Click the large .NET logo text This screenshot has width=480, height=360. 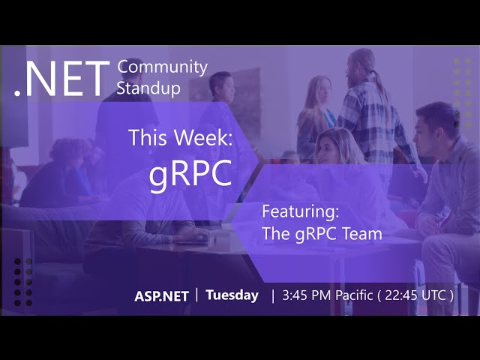pyautogui.click(x=62, y=78)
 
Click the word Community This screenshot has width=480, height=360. pyautogui.click(x=162, y=67)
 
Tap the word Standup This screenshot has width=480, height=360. pyautogui.click(x=148, y=88)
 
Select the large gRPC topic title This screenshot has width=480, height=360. pyautogui.click(x=190, y=174)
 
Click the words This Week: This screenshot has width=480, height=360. pyautogui.click(x=181, y=137)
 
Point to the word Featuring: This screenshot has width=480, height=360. pyautogui.click(x=300, y=211)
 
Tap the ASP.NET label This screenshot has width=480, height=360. pyautogui.click(x=161, y=296)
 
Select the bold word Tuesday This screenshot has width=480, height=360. pyautogui.click(x=232, y=295)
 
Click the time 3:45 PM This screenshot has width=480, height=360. pyautogui.click(x=307, y=295)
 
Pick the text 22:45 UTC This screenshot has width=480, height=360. pyautogui.click(x=415, y=295)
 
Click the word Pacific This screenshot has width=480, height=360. pyautogui.click(x=354, y=295)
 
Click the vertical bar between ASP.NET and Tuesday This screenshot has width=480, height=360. pyautogui.click(x=196, y=295)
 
